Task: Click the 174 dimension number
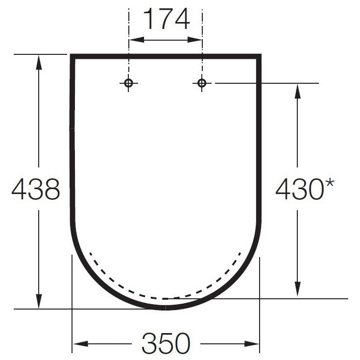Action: click(x=167, y=19)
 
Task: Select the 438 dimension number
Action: click(x=36, y=189)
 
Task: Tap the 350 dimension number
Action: click(x=166, y=343)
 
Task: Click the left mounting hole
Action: click(x=128, y=83)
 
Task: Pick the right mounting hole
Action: click(x=202, y=83)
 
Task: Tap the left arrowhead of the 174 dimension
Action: click(x=137, y=40)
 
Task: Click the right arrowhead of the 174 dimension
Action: click(x=195, y=40)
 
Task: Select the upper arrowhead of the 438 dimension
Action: click(x=39, y=62)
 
